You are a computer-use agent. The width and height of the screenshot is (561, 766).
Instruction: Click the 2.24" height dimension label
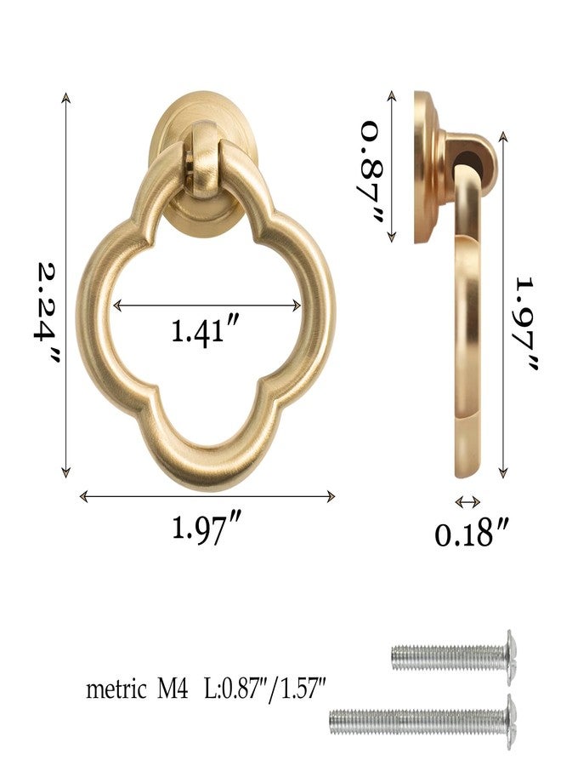point(48,313)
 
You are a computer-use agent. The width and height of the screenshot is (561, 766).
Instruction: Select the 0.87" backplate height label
point(372,171)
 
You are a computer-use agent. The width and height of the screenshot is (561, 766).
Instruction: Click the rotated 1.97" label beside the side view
point(526,324)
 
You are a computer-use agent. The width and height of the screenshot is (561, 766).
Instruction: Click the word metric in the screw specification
point(116,689)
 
